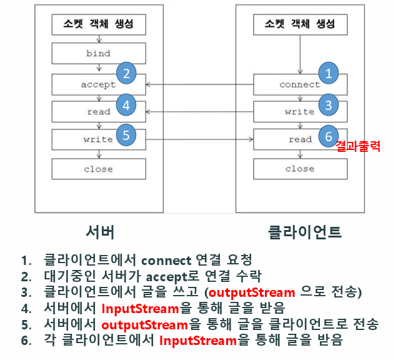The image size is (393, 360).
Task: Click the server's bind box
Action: tap(98, 54)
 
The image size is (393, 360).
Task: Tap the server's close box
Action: tap(98, 169)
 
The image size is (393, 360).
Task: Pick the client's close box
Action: tap(299, 169)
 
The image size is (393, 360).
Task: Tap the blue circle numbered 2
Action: tap(126, 73)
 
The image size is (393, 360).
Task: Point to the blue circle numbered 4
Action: tap(126, 105)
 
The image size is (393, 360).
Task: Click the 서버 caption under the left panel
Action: tap(100, 232)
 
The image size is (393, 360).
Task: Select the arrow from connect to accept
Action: tap(200, 84)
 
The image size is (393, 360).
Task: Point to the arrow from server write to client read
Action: tap(200, 139)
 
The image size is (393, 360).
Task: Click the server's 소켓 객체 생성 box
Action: tap(98, 25)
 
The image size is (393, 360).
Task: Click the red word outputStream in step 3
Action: tap(251, 292)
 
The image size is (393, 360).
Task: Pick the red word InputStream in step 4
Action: tap(140, 309)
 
